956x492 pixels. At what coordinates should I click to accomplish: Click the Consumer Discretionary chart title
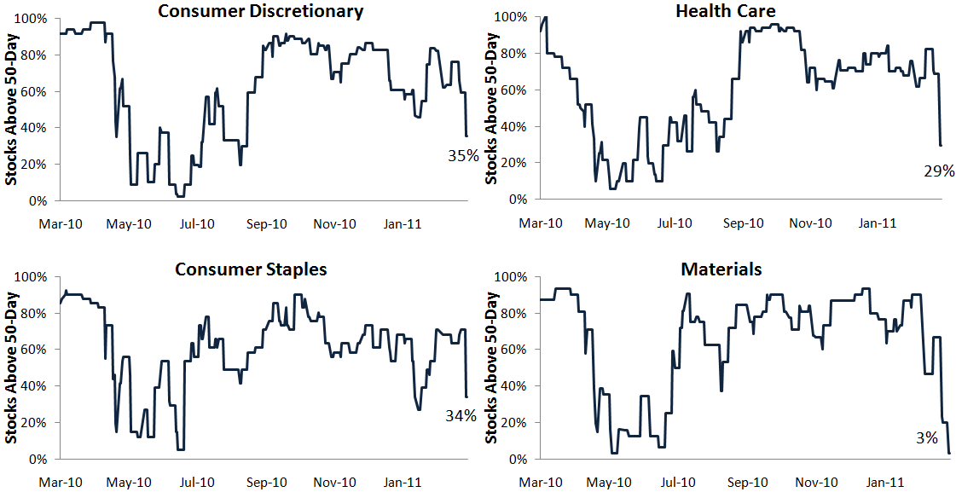pos(262,11)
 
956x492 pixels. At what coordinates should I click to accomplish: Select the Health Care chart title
pos(721,11)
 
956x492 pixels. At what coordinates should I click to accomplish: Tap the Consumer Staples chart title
pos(251,269)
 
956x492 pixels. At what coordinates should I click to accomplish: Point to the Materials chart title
pos(721,269)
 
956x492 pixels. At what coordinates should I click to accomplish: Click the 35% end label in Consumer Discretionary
pos(462,155)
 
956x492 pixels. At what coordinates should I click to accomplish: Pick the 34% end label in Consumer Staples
pos(461,415)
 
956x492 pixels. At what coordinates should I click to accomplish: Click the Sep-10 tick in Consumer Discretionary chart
pos(266,223)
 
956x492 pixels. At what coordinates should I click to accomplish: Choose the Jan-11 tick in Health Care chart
pos(877,223)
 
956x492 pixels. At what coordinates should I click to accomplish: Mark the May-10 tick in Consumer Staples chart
pos(129,483)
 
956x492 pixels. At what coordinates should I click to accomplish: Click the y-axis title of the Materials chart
pos(491,368)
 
